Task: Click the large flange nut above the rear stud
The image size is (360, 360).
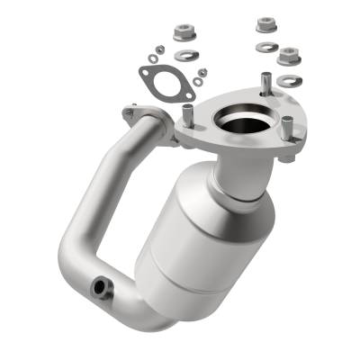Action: click(266, 24)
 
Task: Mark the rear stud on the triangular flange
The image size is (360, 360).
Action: click(263, 83)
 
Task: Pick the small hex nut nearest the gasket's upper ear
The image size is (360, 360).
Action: click(157, 49)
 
